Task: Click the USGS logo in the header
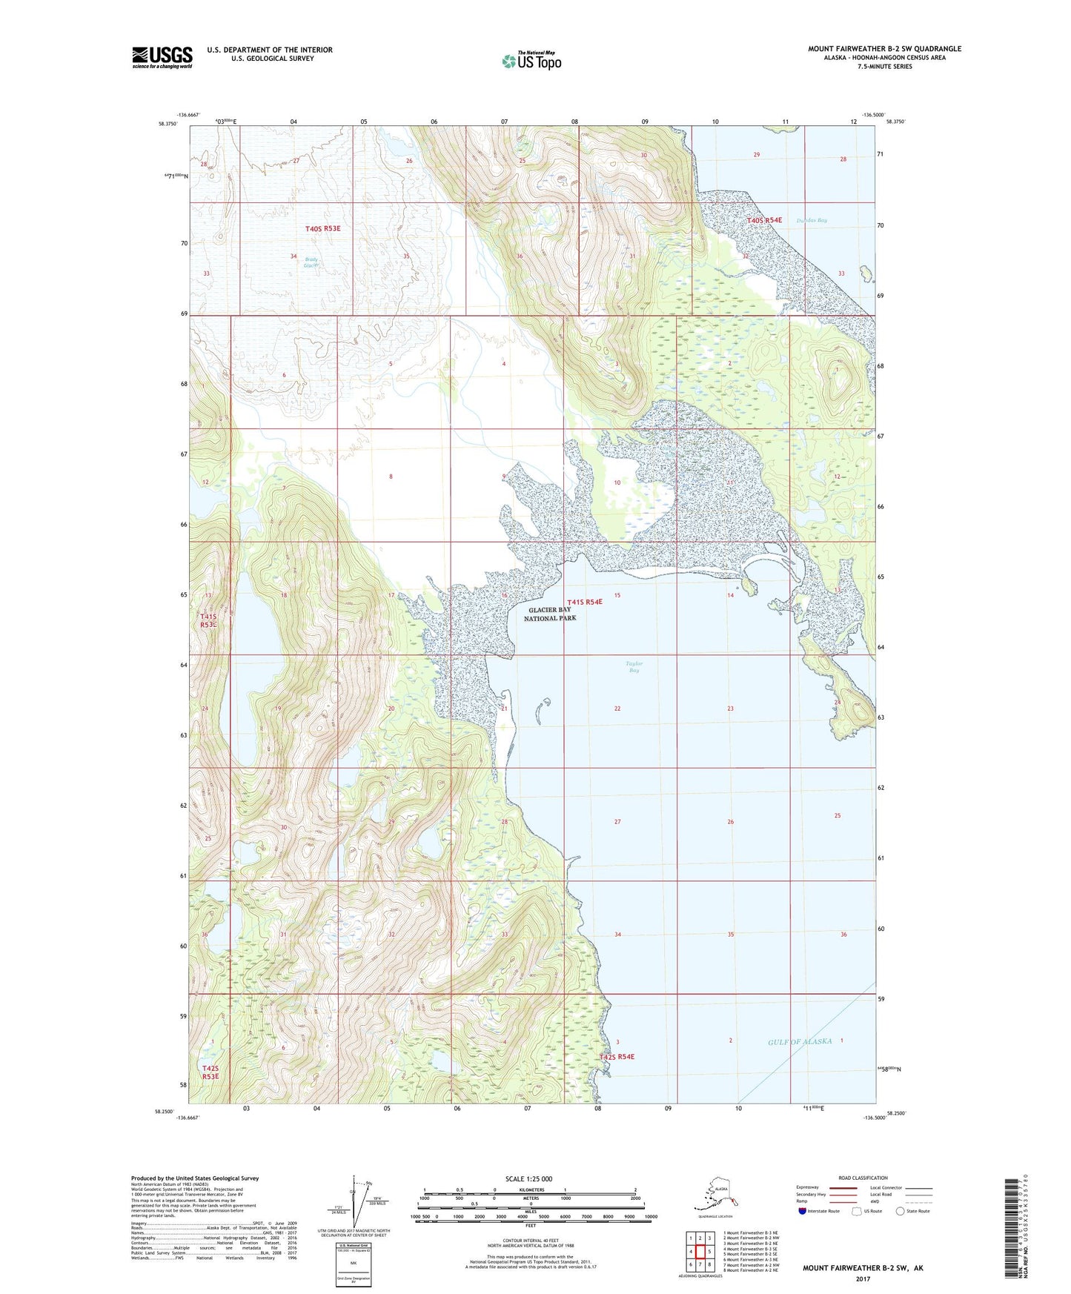click(x=162, y=57)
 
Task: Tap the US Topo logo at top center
click(x=531, y=60)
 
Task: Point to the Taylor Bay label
click(x=634, y=666)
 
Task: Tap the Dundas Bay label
click(x=812, y=220)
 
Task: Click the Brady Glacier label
click(x=311, y=262)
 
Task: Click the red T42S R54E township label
click(x=617, y=1056)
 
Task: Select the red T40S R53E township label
click(x=322, y=229)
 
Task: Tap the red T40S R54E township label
click(x=764, y=220)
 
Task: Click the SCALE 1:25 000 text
click(x=528, y=1178)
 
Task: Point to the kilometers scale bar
click(x=529, y=1193)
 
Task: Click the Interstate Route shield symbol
click(x=802, y=1211)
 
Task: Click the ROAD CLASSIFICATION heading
click(x=863, y=1178)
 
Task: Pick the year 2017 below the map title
click(x=863, y=1278)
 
